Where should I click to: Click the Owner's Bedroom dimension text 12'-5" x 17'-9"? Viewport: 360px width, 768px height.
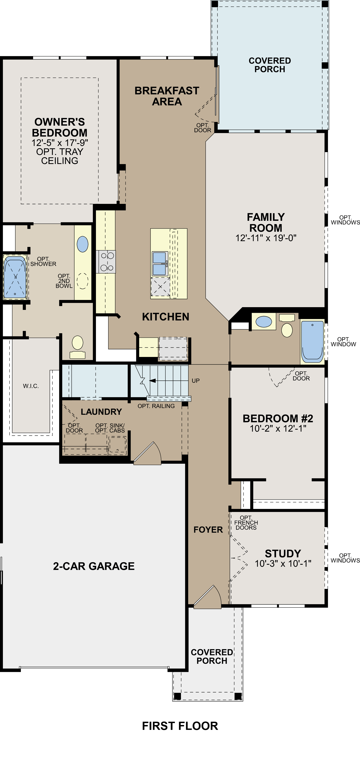60,143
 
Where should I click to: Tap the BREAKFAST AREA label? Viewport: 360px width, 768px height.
167,96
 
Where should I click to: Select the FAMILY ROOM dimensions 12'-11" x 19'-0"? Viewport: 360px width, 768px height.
266,238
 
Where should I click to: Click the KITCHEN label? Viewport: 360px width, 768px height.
166,317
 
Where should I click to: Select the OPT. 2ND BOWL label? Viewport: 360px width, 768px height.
64,281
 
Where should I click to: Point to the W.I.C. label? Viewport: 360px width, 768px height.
31,386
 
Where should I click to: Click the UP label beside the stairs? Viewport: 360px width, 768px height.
196,381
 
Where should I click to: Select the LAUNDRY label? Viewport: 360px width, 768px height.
101,412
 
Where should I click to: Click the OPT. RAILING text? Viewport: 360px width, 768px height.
156,406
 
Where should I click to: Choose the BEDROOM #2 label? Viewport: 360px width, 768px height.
278,419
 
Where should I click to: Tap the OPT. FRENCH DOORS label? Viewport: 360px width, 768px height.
246,523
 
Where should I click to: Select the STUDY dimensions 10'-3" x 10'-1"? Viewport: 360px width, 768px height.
283,564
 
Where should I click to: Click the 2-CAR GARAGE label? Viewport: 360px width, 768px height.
94,566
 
